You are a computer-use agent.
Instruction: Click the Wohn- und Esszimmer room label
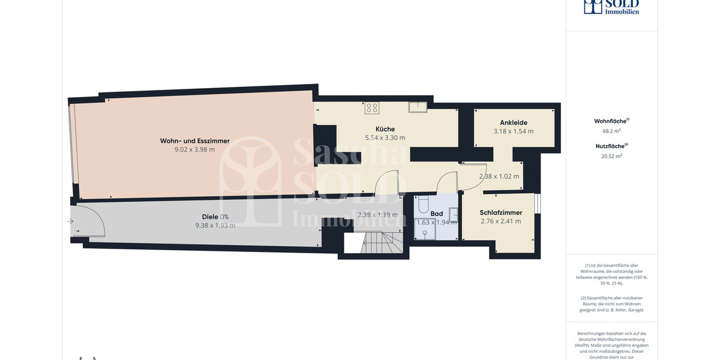point(194,141)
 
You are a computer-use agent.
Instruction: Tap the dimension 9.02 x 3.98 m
point(194,150)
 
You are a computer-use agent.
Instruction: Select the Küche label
point(385,129)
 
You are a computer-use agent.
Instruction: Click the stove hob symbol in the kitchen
point(372,108)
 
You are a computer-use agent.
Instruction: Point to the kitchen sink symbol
point(418,107)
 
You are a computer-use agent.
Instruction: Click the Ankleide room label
point(513,122)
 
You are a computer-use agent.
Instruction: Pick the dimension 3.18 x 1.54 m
point(513,131)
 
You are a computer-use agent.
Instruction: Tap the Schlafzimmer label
point(500,212)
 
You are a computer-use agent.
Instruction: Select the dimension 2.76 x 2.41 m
point(500,221)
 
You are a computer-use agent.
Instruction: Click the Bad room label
point(437,214)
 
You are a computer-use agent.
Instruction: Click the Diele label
point(209,217)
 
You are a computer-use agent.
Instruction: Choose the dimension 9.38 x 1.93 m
point(215,226)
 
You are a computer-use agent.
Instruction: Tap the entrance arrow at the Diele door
point(70,221)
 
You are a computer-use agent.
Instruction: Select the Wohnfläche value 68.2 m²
point(611,130)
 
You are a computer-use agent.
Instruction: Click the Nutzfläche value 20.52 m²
point(611,156)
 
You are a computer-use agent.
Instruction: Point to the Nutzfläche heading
point(611,145)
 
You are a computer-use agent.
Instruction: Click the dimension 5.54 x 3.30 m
point(385,138)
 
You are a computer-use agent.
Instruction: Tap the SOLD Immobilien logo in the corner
point(611,7)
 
